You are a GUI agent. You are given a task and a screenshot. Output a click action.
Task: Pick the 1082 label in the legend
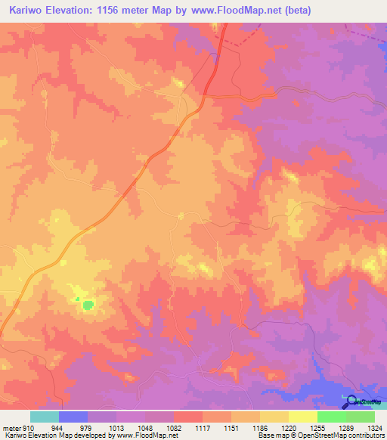(x=170, y=428)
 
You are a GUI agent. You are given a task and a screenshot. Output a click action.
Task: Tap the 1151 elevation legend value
(x=231, y=428)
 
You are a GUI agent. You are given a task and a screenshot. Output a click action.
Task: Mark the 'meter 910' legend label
(x=16, y=428)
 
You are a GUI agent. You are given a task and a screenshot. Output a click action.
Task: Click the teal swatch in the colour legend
(x=45, y=417)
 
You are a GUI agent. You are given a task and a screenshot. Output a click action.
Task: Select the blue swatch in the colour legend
(x=73, y=417)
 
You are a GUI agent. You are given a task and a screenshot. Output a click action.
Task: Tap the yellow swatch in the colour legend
(x=303, y=417)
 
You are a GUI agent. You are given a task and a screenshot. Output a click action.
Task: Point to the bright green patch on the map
(x=88, y=305)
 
